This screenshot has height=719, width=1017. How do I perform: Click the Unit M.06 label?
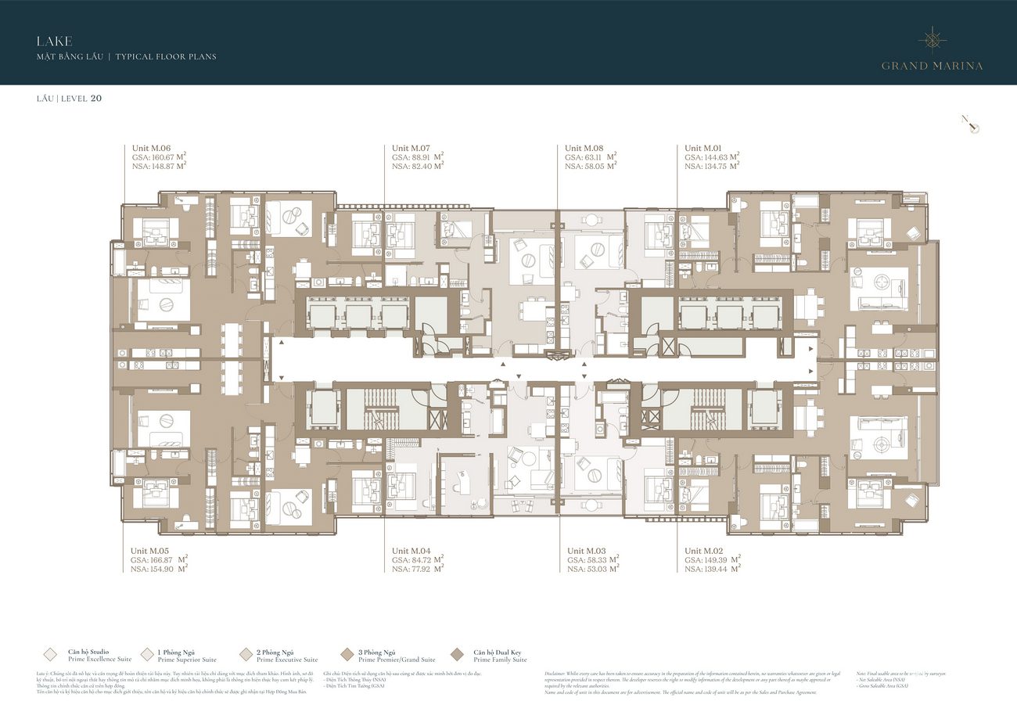pyautogui.click(x=151, y=148)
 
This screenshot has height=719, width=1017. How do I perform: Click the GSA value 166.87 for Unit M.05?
pyautogui.click(x=163, y=560)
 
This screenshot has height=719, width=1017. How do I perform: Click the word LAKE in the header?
pyautogui.click(x=54, y=41)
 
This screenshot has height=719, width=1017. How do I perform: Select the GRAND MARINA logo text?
pyautogui.click(x=932, y=66)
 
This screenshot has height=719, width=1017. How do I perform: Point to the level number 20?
pyautogui.click(x=96, y=99)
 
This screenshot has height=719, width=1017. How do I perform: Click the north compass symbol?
pyautogui.click(x=971, y=124)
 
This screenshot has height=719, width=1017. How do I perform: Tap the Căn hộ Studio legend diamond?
pyautogui.click(x=51, y=655)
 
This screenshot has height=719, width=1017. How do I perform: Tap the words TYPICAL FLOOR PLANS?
pyautogui.click(x=166, y=57)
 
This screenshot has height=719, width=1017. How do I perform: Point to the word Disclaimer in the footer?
pyautogui.click(x=557, y=673)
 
